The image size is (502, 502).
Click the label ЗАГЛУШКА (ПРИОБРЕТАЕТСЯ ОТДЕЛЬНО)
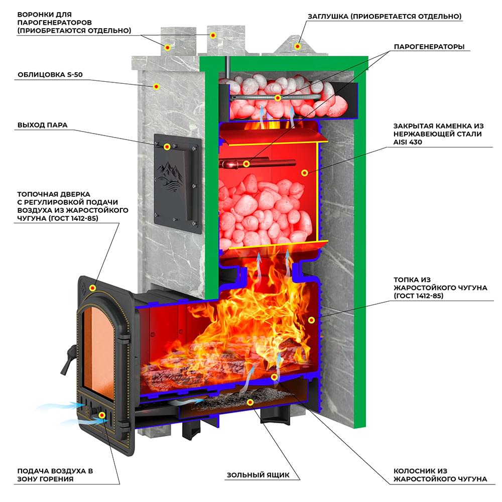click(385, 17)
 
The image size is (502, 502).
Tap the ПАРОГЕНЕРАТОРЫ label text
click(429, 47)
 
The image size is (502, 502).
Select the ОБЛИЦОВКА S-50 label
click(50, 75)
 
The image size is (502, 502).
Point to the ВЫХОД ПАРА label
click(42, 125)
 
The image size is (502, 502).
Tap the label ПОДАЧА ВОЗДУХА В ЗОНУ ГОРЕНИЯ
click(55, 475)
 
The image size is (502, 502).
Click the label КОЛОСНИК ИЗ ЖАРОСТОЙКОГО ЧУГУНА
click(440, 475)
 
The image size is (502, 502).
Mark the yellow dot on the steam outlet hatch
click(167, 147)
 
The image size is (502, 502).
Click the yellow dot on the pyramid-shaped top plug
click(297, 46)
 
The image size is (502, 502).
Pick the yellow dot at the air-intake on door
click(102, 415)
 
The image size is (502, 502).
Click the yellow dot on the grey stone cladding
click(156, 86)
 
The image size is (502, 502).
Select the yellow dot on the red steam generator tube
click(246, 164)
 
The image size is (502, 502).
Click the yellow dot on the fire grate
click(274, 376)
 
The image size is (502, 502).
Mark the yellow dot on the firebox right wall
click(311, 320)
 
